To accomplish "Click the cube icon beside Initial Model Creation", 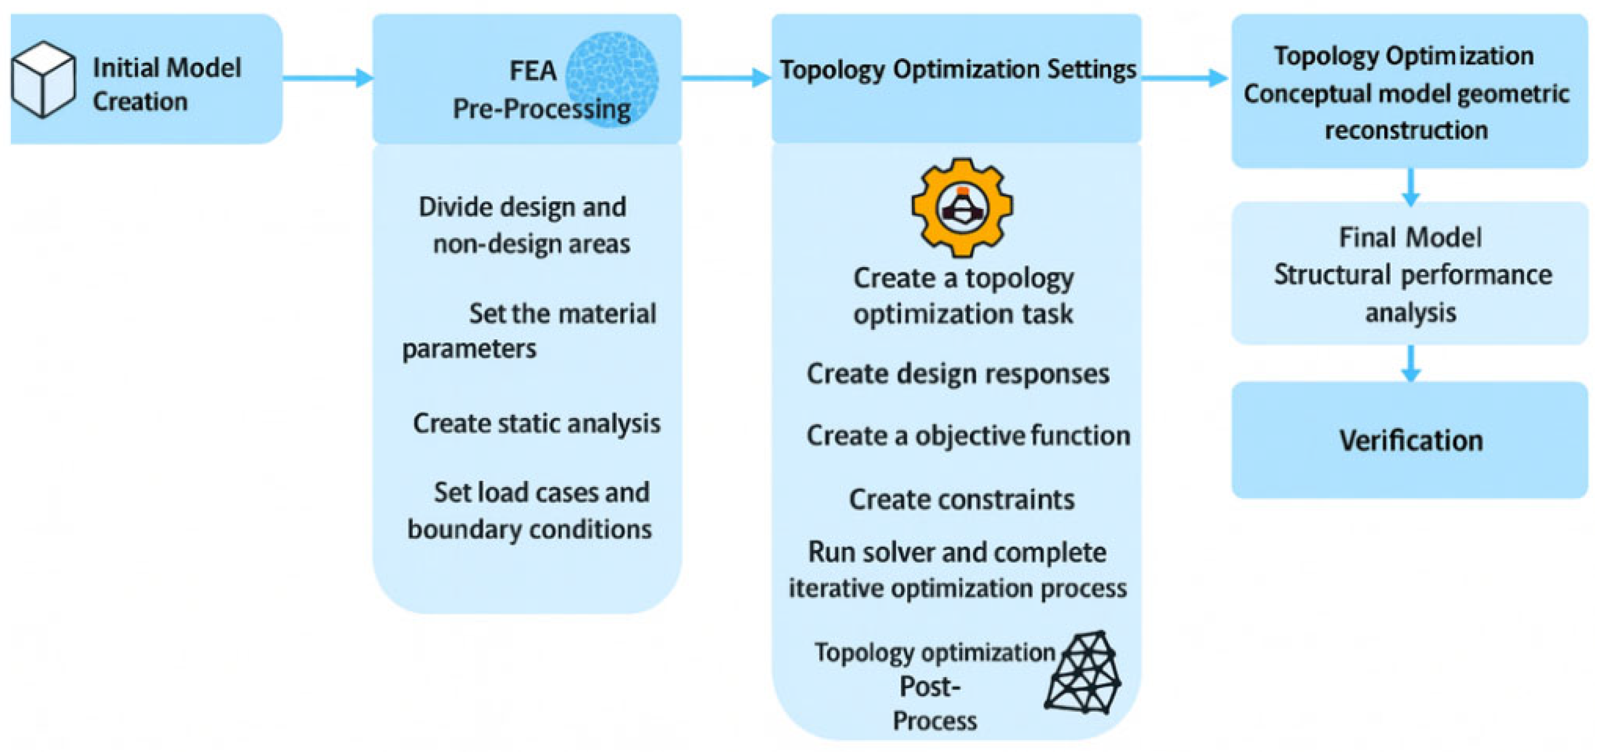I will point(43,79).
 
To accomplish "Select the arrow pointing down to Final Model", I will point(1411,187).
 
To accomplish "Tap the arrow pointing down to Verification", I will point(1411,364).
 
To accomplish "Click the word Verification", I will point(1411,441).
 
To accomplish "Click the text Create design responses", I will point(958,374).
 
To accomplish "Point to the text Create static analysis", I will point(536,424).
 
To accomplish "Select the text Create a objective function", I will point(968,436).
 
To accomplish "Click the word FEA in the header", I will point(532,71).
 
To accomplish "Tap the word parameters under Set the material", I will point(469,349).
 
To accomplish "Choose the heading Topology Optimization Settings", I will point(958,70).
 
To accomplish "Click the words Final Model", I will point(1410,237).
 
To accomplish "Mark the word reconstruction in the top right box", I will point(1406,130).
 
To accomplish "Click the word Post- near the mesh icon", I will point(930,687).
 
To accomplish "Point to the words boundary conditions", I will point(530,529).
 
